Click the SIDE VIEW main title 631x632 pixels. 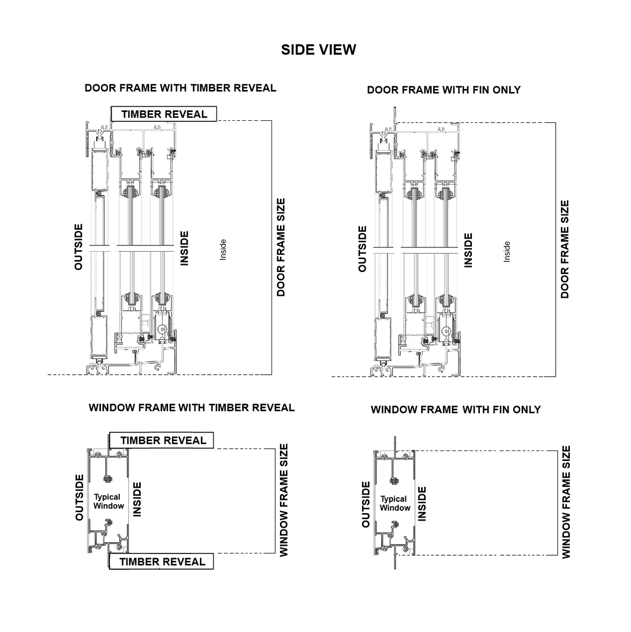[x=318, y=50]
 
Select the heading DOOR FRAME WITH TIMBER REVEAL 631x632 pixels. [x=180, y=88]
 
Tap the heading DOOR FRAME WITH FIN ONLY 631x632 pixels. [x=444, y=90]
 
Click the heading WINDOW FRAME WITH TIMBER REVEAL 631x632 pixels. [x=191, y=408]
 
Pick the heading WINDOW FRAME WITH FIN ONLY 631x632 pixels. [x=455, y=410]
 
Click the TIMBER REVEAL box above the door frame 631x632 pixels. [x=164, y=114]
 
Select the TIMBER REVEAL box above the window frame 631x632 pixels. [x=163, y=441]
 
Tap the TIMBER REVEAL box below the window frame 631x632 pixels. [x=162, y=562]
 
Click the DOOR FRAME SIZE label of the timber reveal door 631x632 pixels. [x=281, y=247]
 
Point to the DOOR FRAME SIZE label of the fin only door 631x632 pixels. [x=565, y=249]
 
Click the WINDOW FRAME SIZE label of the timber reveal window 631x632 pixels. [x=284, y=500]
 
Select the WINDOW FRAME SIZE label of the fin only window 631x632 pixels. [x=566, y=502]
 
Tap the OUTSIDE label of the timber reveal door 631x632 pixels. [x=79, y=247]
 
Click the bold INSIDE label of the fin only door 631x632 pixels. [x=468, y=250]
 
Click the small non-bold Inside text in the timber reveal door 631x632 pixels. [x=223, y=250]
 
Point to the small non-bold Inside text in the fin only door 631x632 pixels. [x=506, y=252]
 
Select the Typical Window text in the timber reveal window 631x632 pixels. [x=108, y=501]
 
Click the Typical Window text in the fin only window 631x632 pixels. [x=395, y=503]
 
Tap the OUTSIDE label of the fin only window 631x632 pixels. [x=366, y=504]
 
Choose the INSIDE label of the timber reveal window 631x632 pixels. [x=138, y=500]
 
